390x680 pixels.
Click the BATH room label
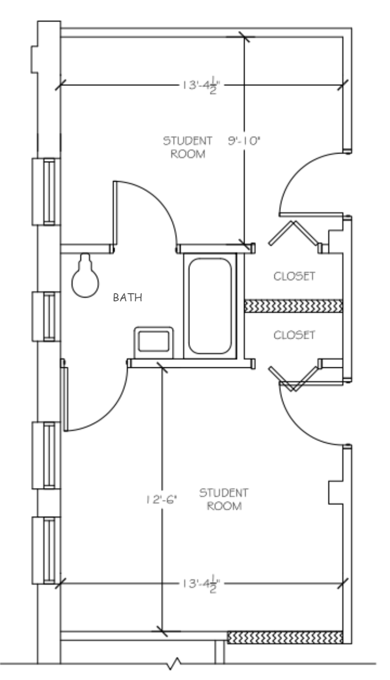[127, 297]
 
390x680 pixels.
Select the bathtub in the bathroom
[210, 305]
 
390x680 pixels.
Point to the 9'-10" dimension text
[244, 141]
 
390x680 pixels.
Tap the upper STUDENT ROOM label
[188, 147]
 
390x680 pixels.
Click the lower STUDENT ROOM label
[224, 499]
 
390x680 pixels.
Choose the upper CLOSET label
[294, 277]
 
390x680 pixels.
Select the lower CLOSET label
[294, 335]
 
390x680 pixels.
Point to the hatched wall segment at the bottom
[285, 637]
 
